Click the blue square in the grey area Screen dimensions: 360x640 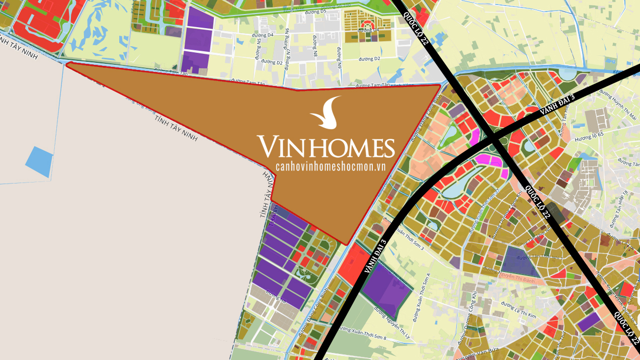[x=39, y=161]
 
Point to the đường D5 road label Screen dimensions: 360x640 [x=331, y=11]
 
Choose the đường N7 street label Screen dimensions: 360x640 [x=288, y=48]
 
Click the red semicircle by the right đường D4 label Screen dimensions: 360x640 [x=368, y=24]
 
